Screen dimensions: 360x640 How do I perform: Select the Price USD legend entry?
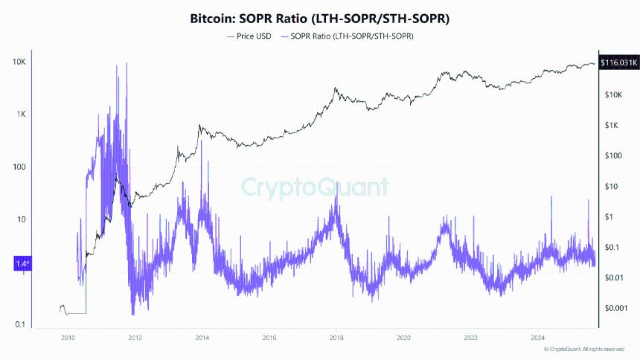click(x=249, y=36)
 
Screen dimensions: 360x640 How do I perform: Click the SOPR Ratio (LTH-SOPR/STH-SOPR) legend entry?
click(x=350, y=36)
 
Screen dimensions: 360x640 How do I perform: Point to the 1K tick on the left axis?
click(x=19, y=115)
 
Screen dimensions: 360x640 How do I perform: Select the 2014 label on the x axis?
click(x=202, y=338)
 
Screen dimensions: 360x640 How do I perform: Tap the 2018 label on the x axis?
click(x=336, y=338)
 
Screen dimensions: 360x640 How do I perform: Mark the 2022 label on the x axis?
click(x=470, y=338)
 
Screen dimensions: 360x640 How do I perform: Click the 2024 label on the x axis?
click(x=537, y=338)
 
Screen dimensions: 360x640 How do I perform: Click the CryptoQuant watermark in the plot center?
click(x=316, y=186)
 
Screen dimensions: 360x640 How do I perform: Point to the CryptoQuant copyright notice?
click(x=584, y=349)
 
